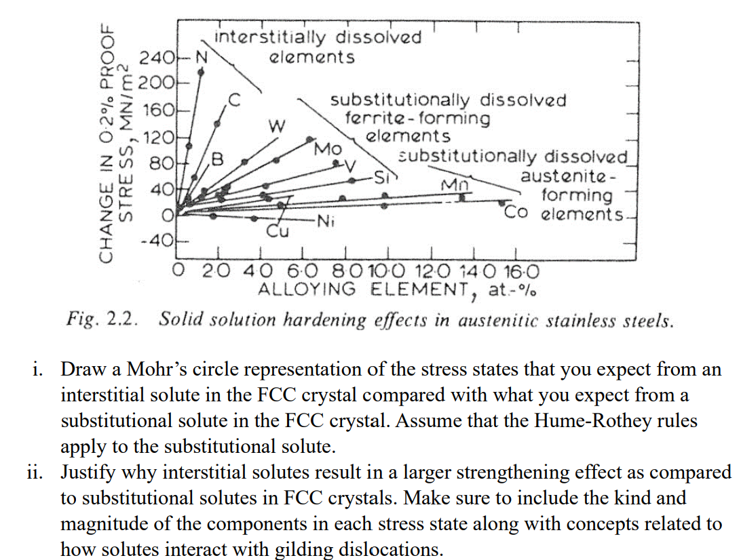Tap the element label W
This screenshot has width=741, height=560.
tap(275, 126)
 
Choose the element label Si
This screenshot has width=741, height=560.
tap(385, 178)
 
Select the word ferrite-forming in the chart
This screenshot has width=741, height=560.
tap(417, 119)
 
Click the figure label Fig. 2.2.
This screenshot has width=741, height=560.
tap(103, 319)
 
